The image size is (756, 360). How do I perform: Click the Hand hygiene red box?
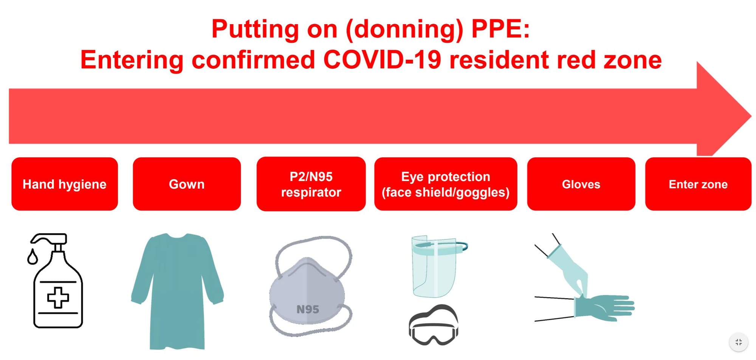coord(64,184)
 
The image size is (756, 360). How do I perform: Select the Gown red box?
coord(187,184)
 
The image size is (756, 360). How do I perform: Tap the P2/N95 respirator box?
coord(311,184)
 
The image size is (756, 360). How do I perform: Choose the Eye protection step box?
coord(445,184)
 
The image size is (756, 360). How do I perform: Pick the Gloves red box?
coord(581,184)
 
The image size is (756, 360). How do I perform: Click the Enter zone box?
coord(698,184)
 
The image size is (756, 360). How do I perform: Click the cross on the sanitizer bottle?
coord(58,298)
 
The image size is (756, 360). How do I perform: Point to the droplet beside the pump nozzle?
coord(33,257)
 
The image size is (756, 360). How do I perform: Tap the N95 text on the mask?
coord(308,309)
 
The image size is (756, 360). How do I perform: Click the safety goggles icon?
coord(434,326)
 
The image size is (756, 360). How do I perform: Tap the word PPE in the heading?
coord(500,29)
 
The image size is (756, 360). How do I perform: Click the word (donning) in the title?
coord(404,29)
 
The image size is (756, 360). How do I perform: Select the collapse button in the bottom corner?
coord(738,342)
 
